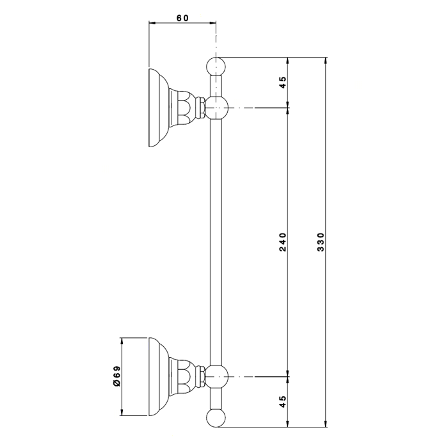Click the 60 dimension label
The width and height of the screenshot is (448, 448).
click(182, 18)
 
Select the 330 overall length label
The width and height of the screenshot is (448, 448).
click(321, 242)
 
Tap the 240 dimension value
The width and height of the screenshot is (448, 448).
click(282, 242)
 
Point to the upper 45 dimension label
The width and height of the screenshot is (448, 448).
click(282, 83)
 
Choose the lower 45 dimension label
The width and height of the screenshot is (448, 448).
click(282, 401)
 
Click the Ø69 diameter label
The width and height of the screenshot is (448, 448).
click(117, 376)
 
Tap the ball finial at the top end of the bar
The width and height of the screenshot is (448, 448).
click(216, 67)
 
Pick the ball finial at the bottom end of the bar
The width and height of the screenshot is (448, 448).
click(216, 418)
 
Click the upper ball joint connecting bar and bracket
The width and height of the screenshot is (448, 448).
click(217, 108)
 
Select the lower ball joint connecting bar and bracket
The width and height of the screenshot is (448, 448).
click(217, 376)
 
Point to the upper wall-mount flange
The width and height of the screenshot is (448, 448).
click(159, 108)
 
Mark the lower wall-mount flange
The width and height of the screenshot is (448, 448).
click(159, 376)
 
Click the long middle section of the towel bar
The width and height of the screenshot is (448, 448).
click(216, 242)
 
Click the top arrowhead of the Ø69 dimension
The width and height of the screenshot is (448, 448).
click(122, 341)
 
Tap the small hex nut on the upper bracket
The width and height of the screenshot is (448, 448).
click(202, 108)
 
